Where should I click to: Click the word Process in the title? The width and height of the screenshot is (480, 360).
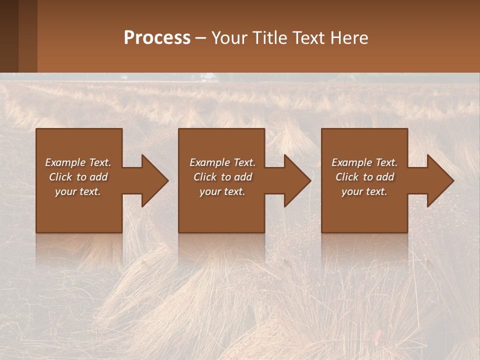click(x=157, y=38)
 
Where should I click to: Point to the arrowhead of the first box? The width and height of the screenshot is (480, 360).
click(x=153, y=180)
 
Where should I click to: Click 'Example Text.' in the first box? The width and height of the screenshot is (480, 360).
click(x=78, y=162)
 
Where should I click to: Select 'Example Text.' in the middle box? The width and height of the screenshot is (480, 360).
click(x=222, y=162)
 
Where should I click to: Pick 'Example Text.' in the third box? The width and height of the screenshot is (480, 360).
click(x=364, y=162)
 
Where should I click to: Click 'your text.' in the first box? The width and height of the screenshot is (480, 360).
click(x=78, y=191)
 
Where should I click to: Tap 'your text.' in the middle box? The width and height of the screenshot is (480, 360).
click(x=222, y=191)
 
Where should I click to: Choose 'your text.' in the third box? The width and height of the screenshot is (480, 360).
click(x=364, y=191)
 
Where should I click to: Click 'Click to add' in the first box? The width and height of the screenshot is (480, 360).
click(x=78, y=177)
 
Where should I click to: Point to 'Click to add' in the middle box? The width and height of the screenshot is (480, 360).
click(x=222, y=177)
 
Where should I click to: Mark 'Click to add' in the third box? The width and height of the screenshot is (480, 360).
click(x=364, y=177)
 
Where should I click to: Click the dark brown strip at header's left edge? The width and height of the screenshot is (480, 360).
click(x=9, y=36)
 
